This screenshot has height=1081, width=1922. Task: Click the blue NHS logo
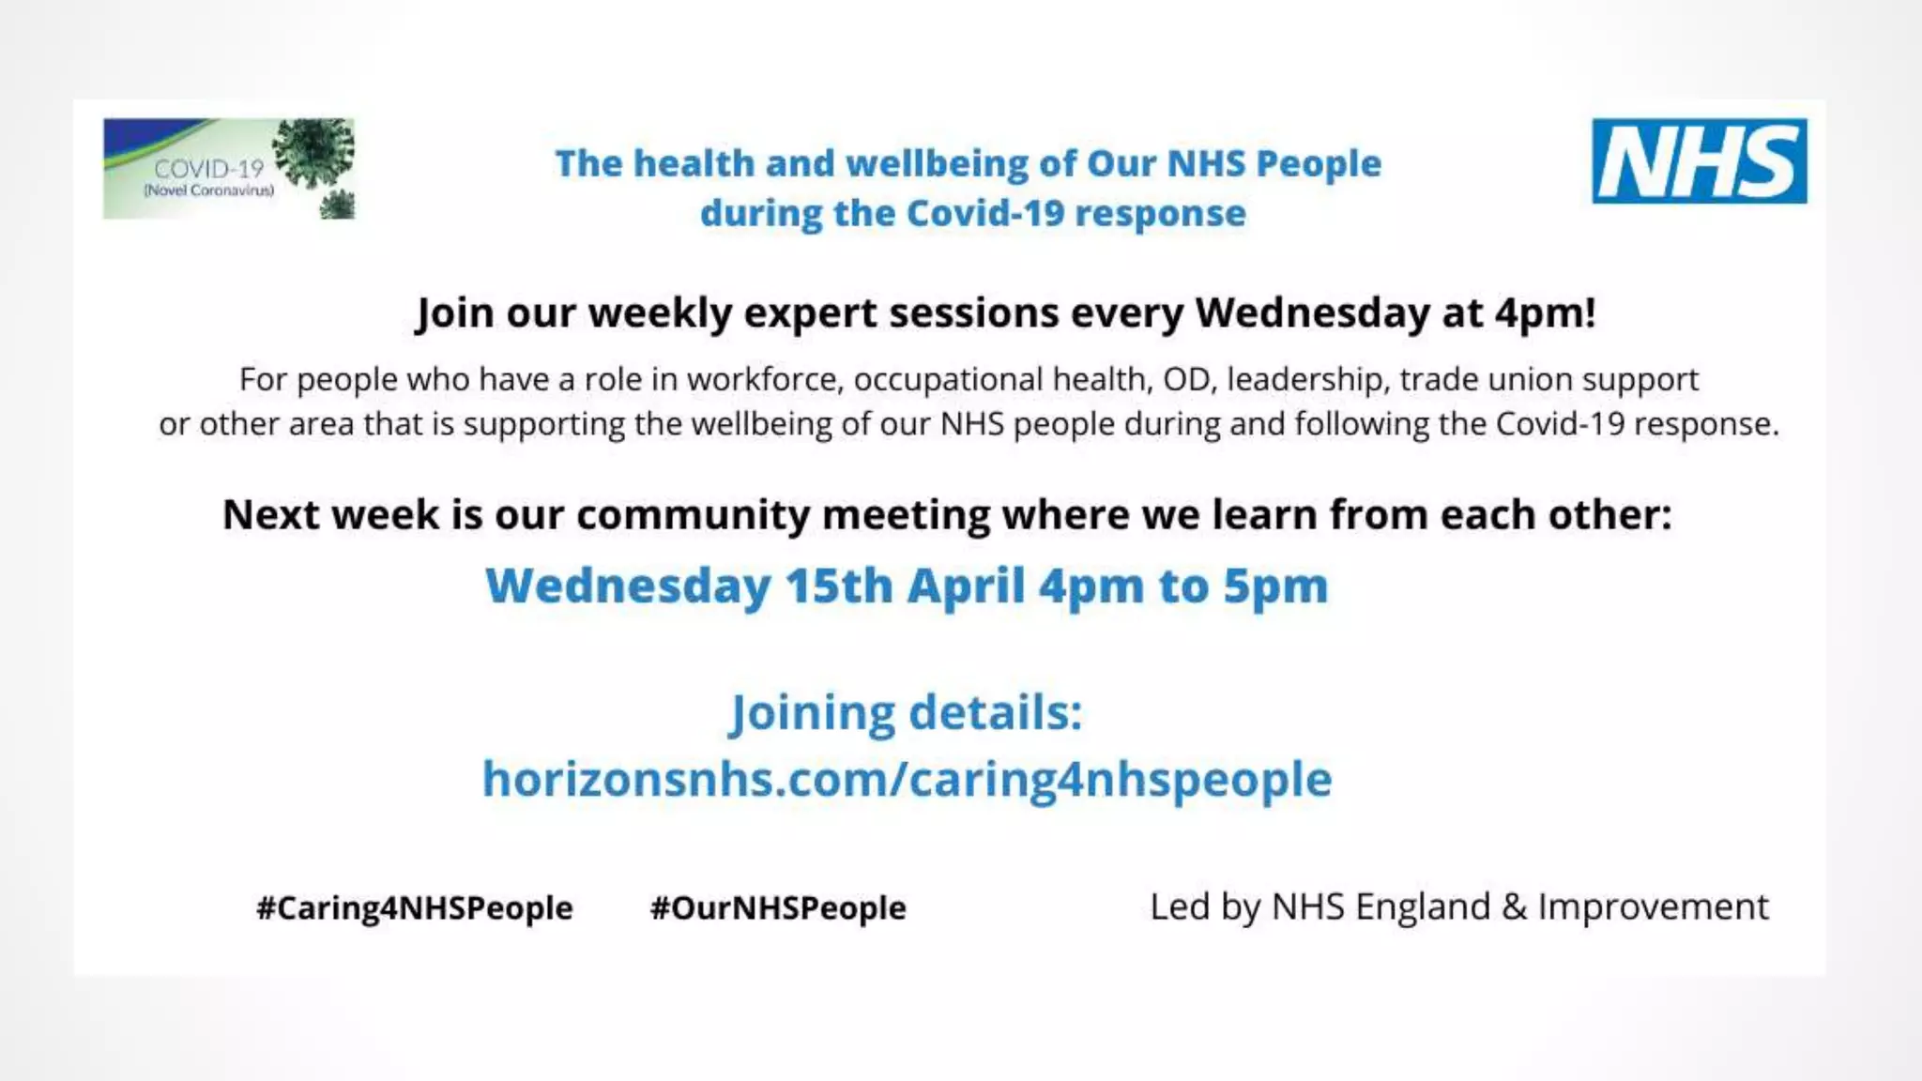(x=1699, y=161)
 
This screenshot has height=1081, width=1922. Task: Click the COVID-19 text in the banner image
(x=209, y=169)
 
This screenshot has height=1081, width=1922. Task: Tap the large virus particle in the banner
(x=313, y=152)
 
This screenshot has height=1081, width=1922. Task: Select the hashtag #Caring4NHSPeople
(x=414, y=907)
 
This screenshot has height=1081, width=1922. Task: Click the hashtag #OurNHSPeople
(x=778, y=907)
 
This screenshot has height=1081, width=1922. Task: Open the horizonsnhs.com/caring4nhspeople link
(x=907, y=779)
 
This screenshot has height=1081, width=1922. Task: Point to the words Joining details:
(x=907, y=712)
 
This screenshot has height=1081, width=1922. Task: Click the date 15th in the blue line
(x=839, y=586)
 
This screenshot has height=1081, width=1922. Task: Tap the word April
(x=966, y=586)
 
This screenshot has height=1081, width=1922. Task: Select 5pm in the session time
(x=1275, y=586)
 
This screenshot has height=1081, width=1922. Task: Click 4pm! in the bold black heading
(x=1545, y=312)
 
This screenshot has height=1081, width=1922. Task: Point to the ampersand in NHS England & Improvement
(x=1514, y=906)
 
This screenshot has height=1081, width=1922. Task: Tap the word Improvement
(x=1653, y=906)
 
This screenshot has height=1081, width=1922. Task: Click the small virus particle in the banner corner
(x=338, y=204)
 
